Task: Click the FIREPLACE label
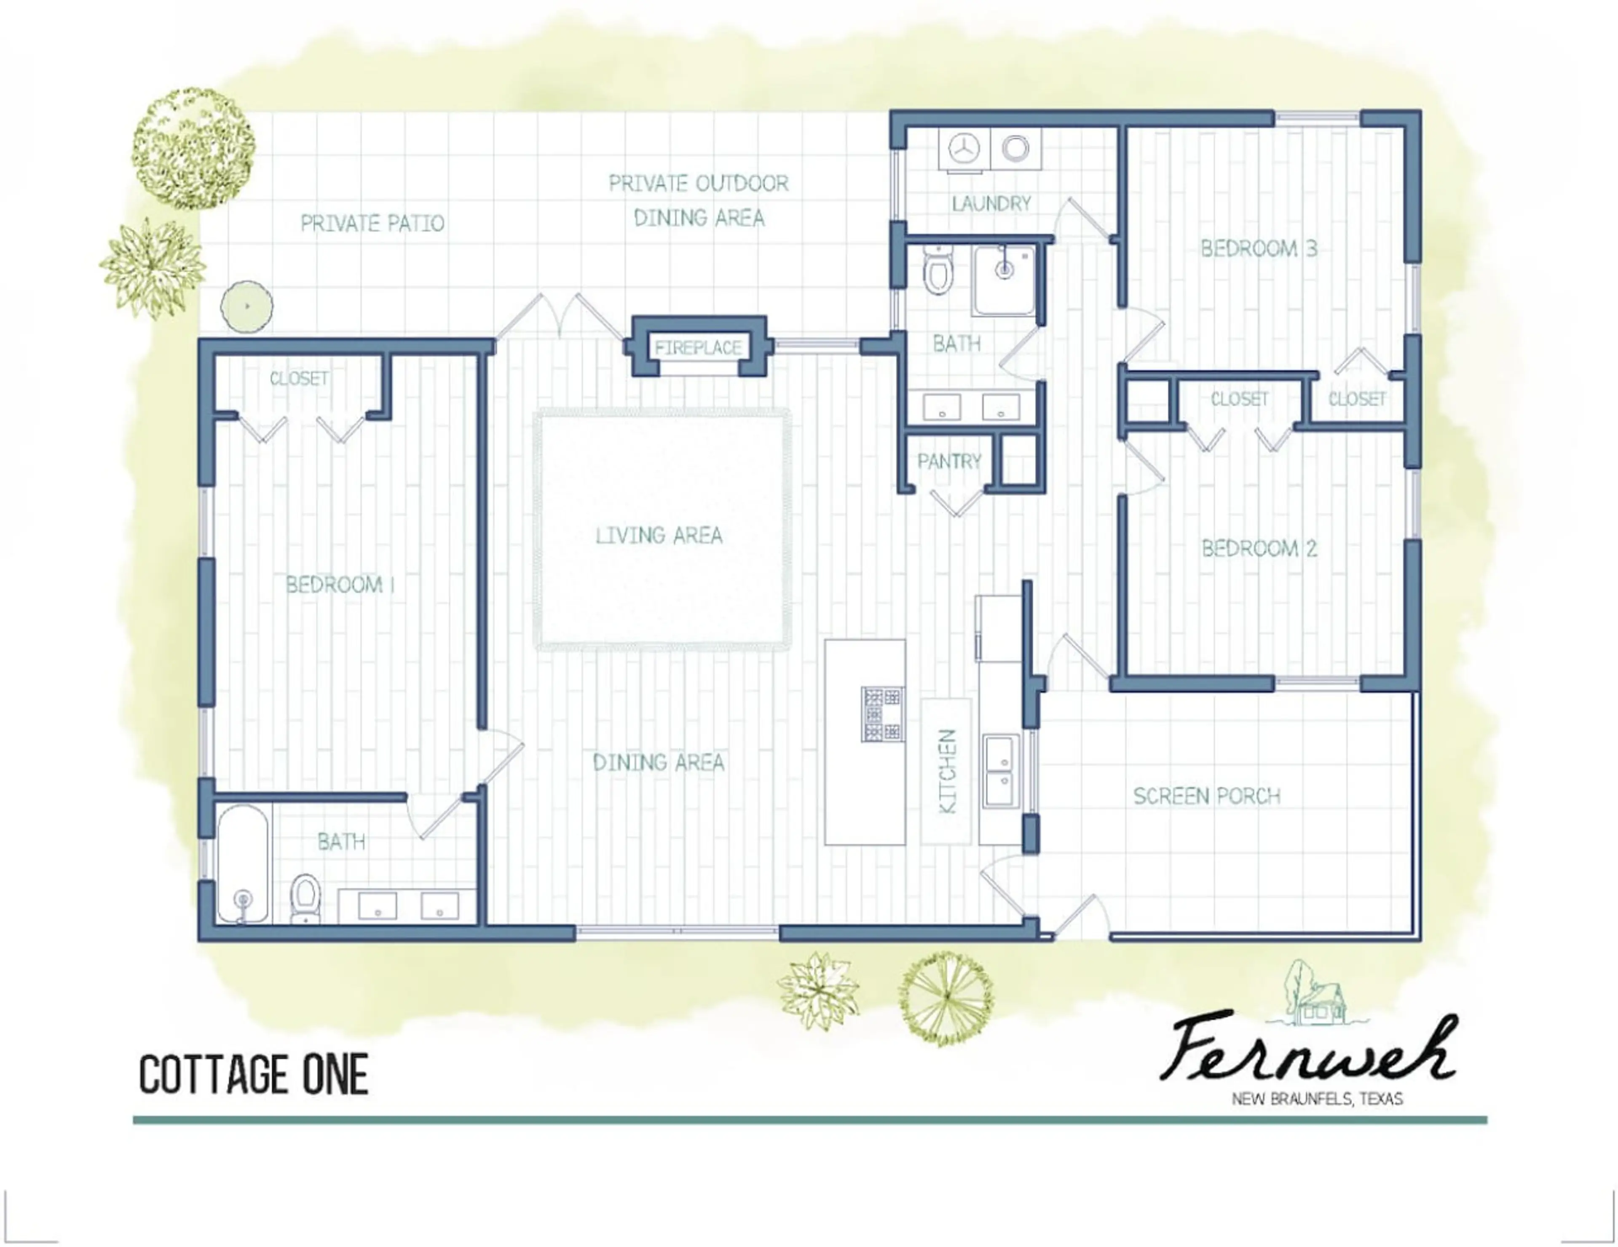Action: [698, 347]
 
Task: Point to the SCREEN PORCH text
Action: [1207, 796]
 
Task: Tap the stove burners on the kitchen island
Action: [881, 714]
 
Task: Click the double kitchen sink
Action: [1001, 771]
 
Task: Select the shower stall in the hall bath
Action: [1005, 280]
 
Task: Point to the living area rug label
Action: [659, 535]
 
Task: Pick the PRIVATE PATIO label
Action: [372, 223]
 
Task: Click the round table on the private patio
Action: [246, 306]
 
